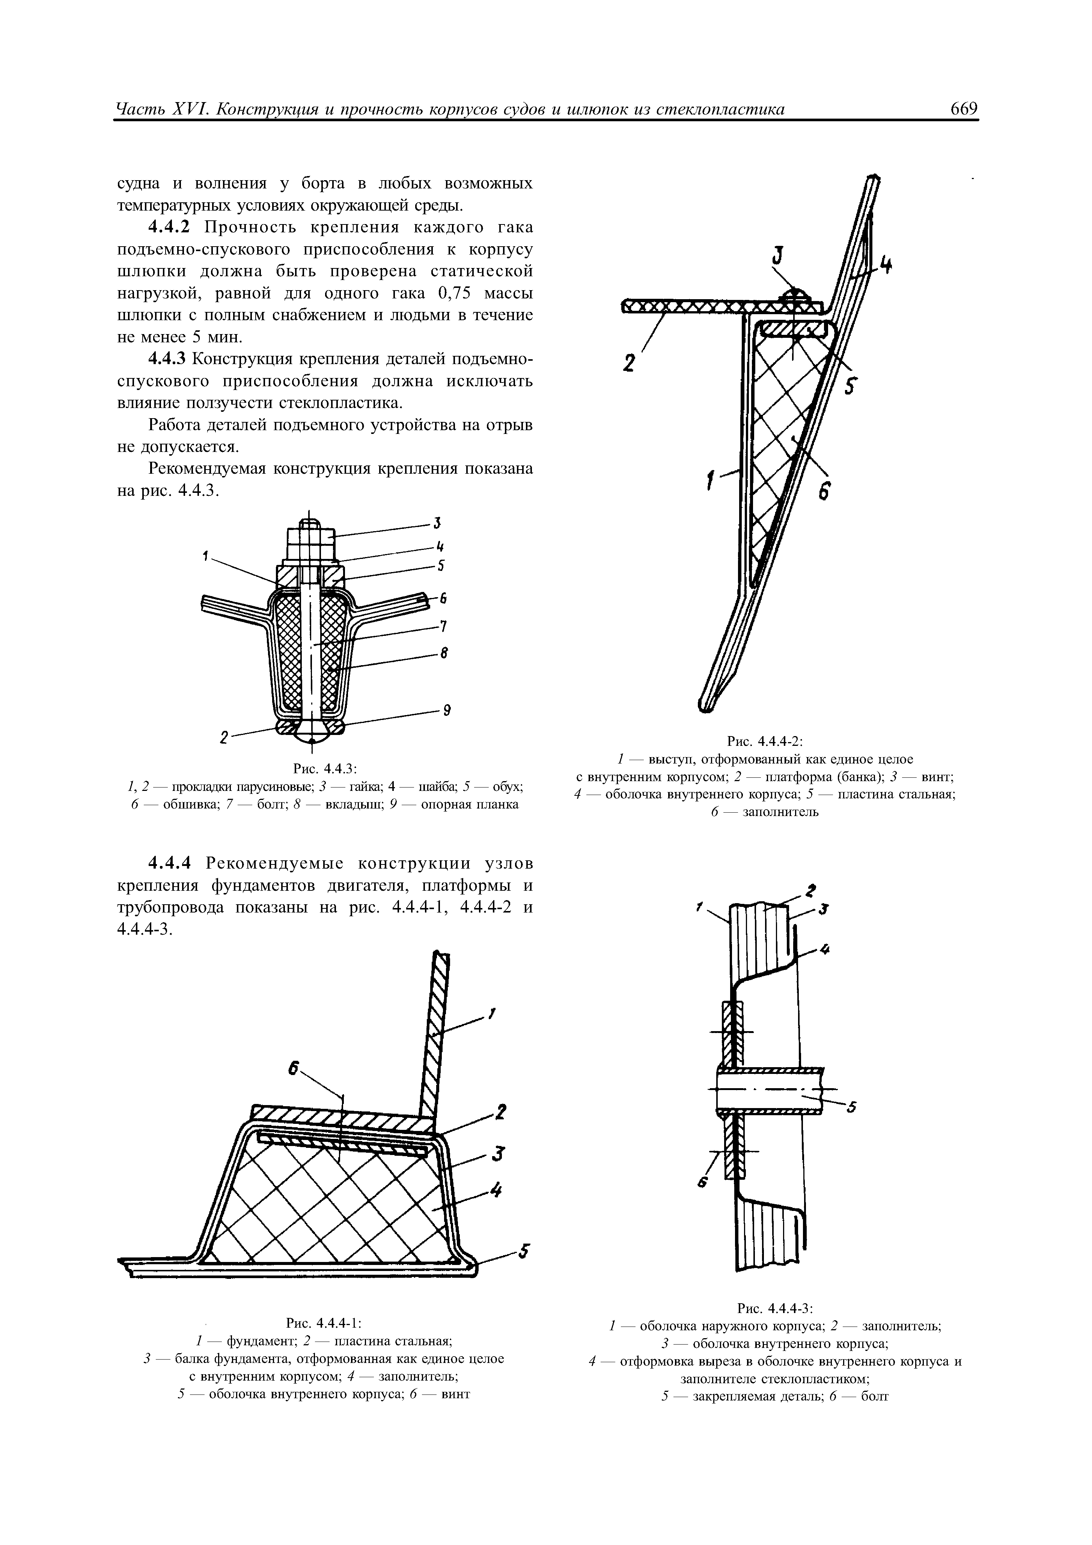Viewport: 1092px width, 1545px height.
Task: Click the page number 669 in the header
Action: tap(962, 109)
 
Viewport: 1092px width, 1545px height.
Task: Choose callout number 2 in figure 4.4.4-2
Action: tap(629, 363)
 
